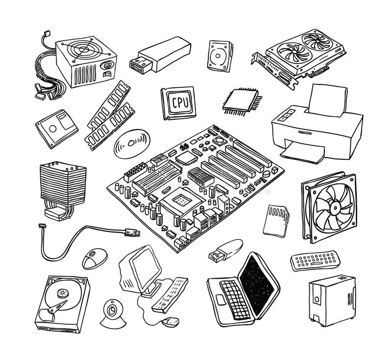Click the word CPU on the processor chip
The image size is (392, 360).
[178, 102]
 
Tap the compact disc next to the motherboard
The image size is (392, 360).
[130, 144]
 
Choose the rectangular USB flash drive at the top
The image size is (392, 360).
[162, 53]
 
